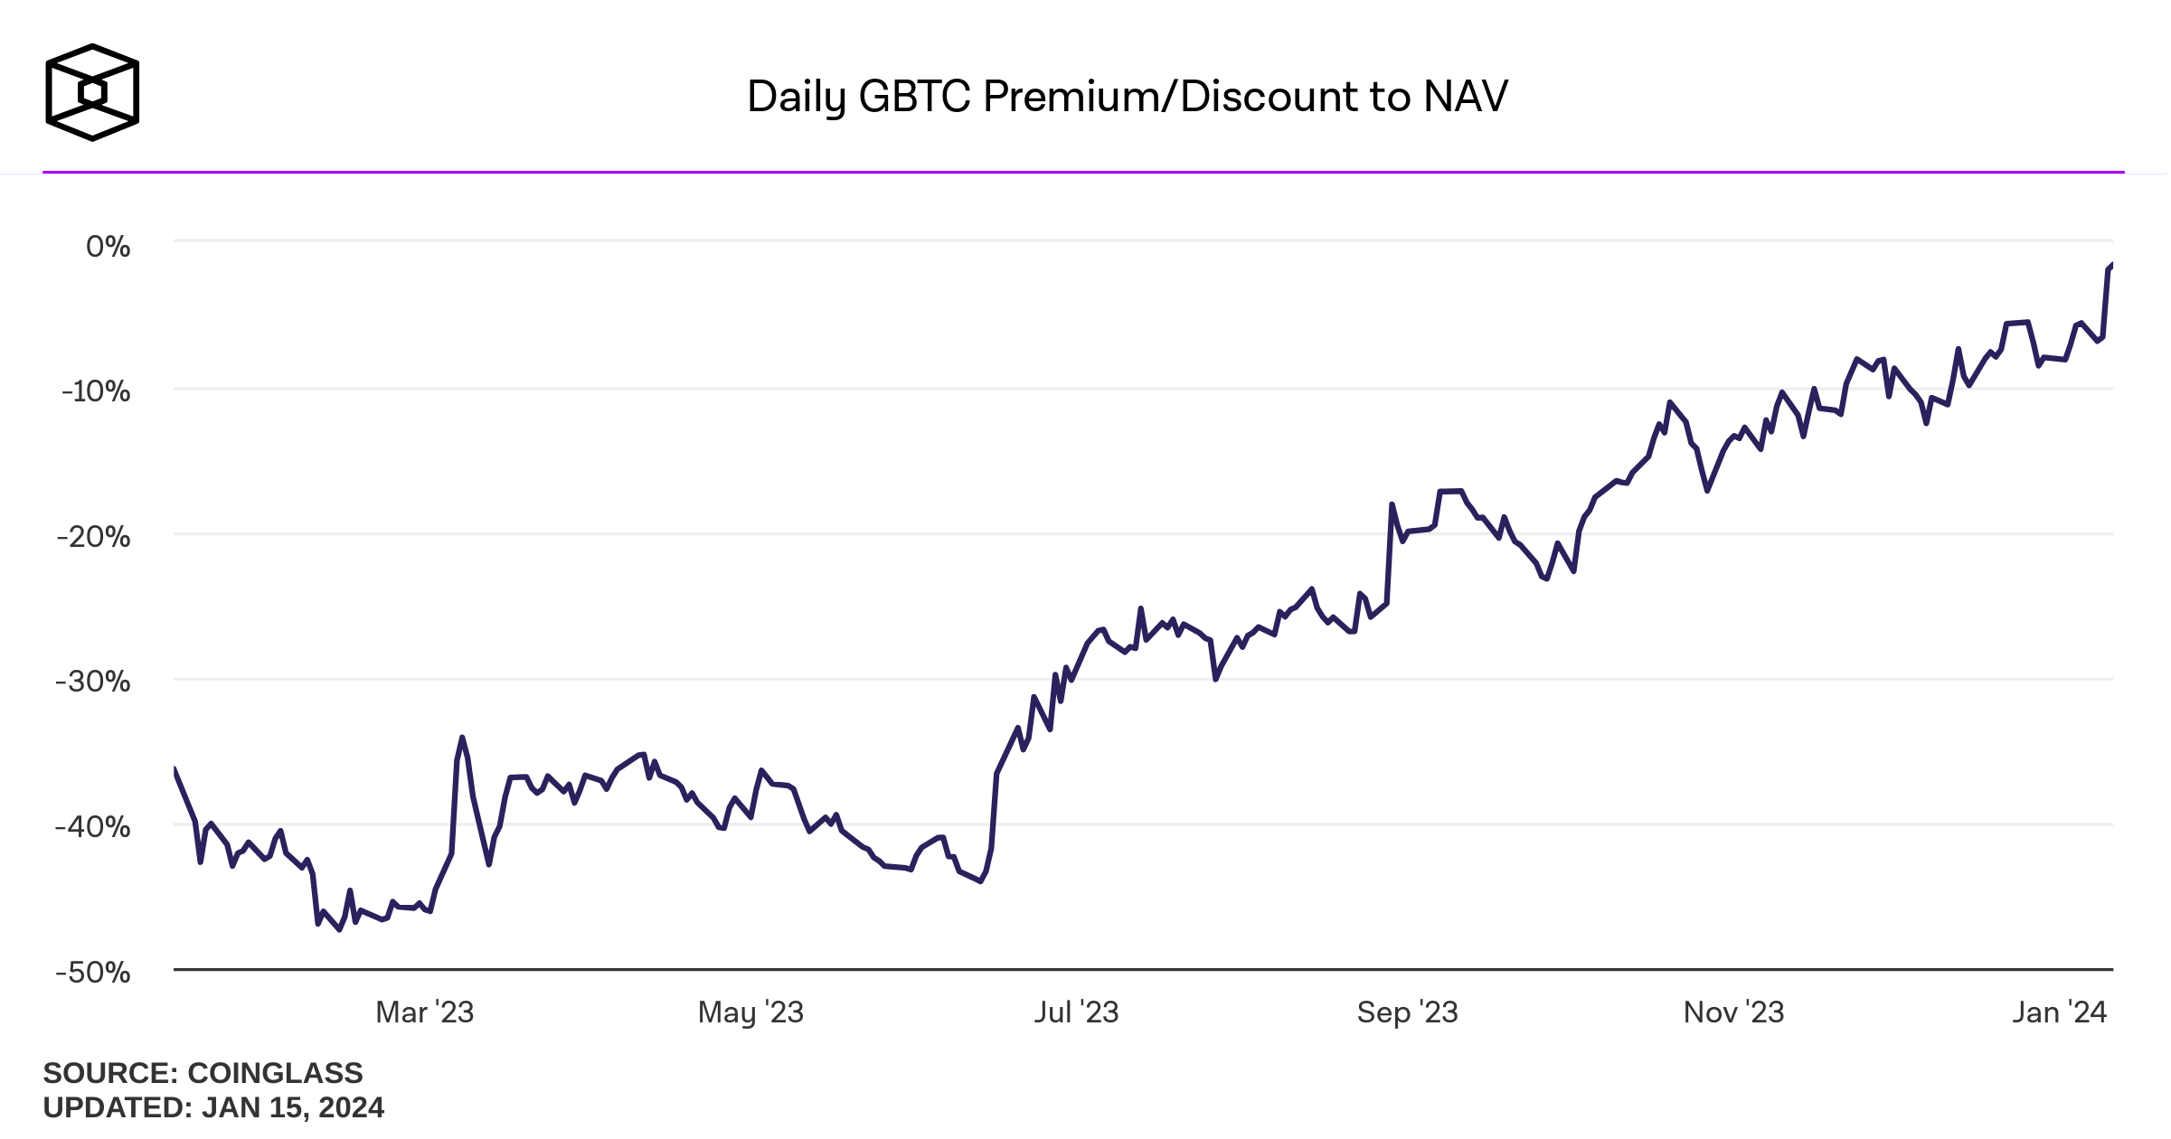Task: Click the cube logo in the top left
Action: pos(92,92)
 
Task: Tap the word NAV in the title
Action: pos(1466,97)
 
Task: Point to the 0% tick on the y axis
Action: pos(109,246)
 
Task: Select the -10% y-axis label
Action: pos(97,391)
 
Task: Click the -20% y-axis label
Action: pos(94,537)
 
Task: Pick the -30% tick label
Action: pos(94,682)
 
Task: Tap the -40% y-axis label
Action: pos(94,826)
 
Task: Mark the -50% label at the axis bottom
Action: pos(94,973)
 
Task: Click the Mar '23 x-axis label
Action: pos(424,1012)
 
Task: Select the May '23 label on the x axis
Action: pos(750,1012)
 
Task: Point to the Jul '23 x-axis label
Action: pos(1076,1012)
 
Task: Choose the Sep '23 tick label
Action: pos(1407,1012)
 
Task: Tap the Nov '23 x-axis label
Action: pos(1733,1012)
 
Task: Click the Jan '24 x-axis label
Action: pos(2059,1012)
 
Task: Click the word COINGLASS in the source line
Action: pos(275,1073)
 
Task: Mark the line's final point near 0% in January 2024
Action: pos(2111,264)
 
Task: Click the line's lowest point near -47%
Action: pos(340,929)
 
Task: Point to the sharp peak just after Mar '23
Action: pos(462,738)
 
